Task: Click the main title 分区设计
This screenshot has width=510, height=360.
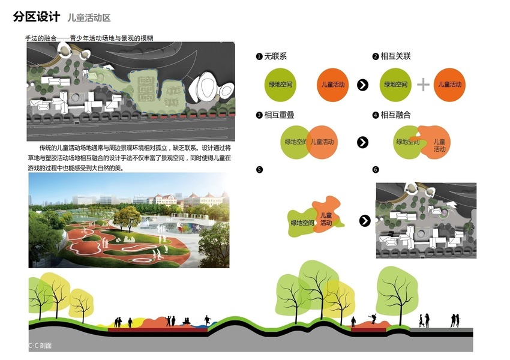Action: coord(37,17)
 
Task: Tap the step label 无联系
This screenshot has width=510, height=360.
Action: coord(275,56)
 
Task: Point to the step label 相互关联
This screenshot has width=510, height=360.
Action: coord(395,56)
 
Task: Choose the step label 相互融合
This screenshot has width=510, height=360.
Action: coord(395,115)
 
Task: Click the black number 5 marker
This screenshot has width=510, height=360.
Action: coord(259,170)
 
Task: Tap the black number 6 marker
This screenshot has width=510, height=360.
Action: coord(376,170)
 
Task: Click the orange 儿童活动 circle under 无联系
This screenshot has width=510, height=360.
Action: coord(333,85)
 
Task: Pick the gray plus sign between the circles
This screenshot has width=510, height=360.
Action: coord(423,85)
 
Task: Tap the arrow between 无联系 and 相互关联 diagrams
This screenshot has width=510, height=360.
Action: coord(362,85)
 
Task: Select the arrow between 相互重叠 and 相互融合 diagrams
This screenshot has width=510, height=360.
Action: coord(362,142)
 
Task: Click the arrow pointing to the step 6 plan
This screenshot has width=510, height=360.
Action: coord(364,221)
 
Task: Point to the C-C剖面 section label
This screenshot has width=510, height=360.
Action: coord(40,346)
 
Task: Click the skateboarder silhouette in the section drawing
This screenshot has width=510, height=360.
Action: coord(374,319)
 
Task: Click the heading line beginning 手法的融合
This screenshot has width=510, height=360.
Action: coord(89,38)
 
